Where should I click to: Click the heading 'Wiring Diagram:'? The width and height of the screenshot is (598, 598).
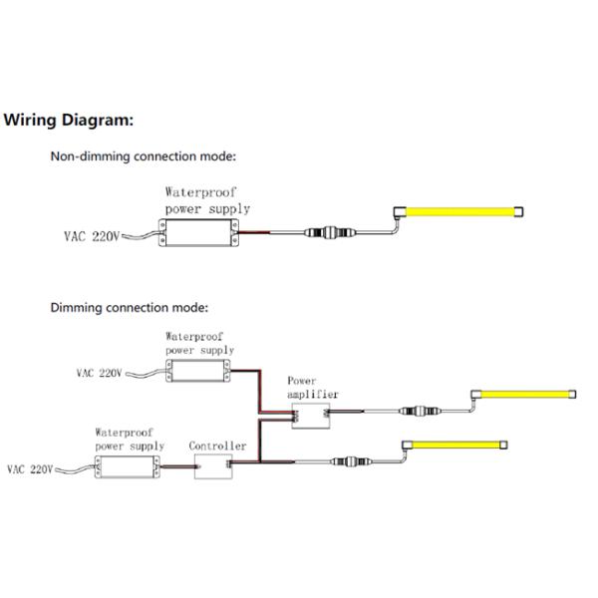69,121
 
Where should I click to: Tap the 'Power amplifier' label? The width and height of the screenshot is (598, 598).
313,388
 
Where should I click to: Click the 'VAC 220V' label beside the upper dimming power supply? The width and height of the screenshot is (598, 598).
99,375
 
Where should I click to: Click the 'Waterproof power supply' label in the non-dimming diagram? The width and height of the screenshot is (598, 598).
207,199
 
